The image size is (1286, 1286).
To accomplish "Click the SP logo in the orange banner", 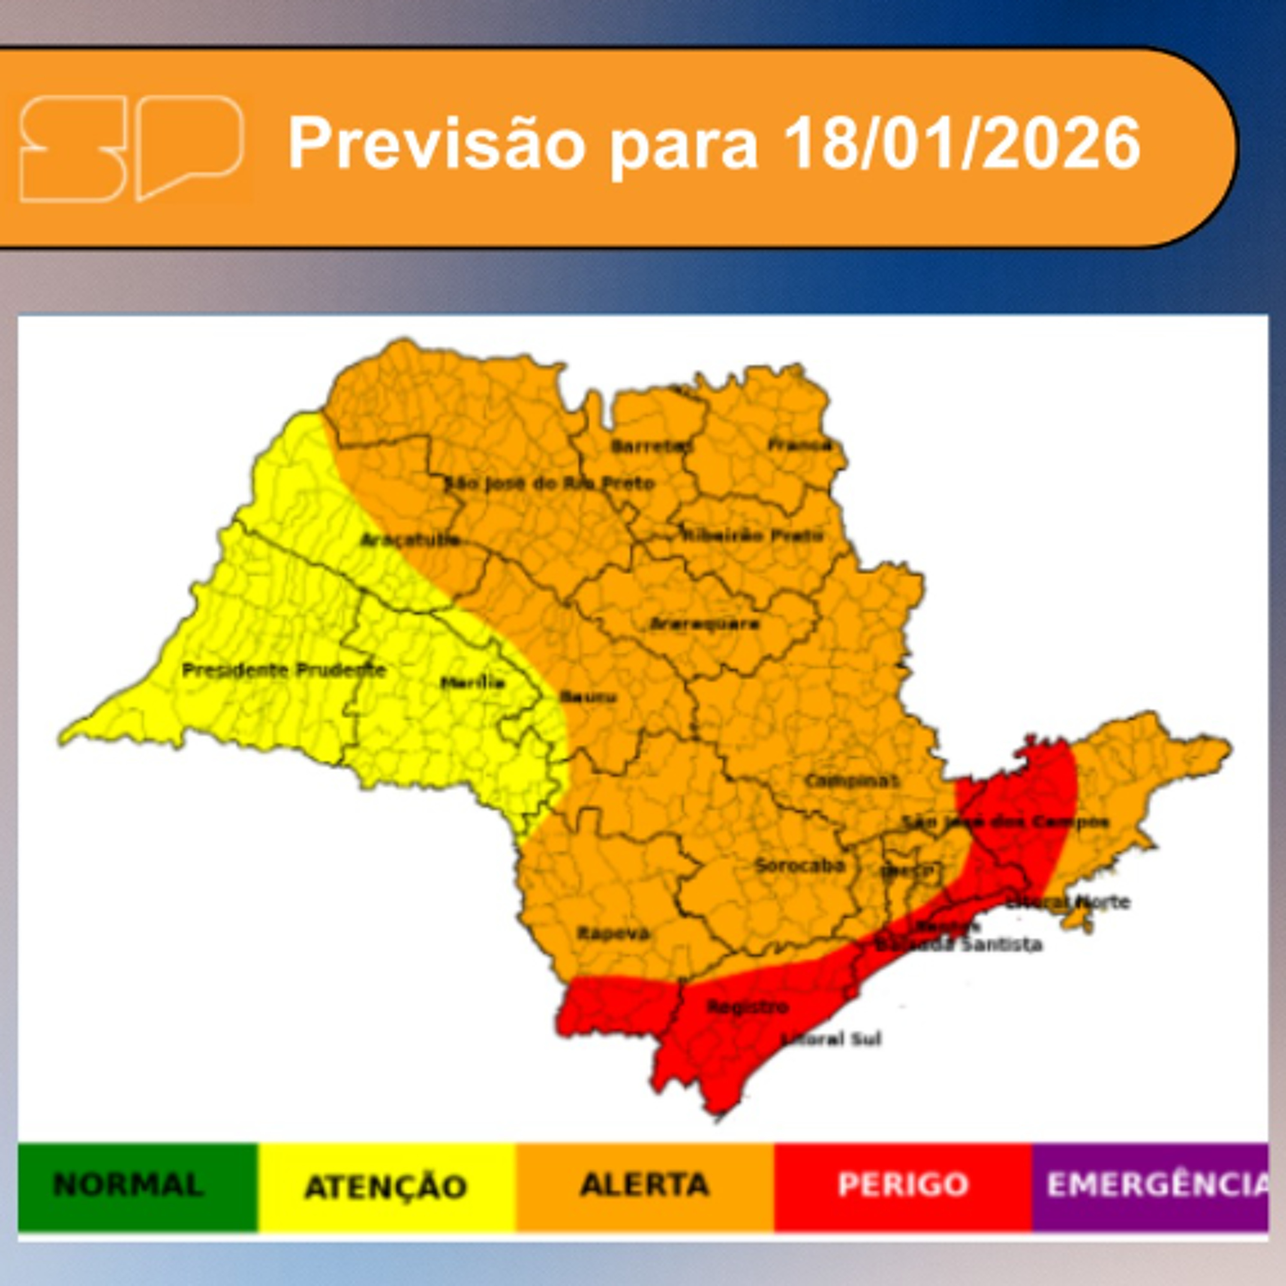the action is (131, 148).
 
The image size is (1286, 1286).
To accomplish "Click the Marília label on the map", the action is (472, 682).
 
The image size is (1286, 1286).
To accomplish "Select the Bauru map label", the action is (588, 697).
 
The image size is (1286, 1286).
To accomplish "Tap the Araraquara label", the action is (704, 625).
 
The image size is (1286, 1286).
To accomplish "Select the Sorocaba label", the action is (800, 866).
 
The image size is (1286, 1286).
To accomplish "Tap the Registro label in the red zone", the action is (748, 1007).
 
